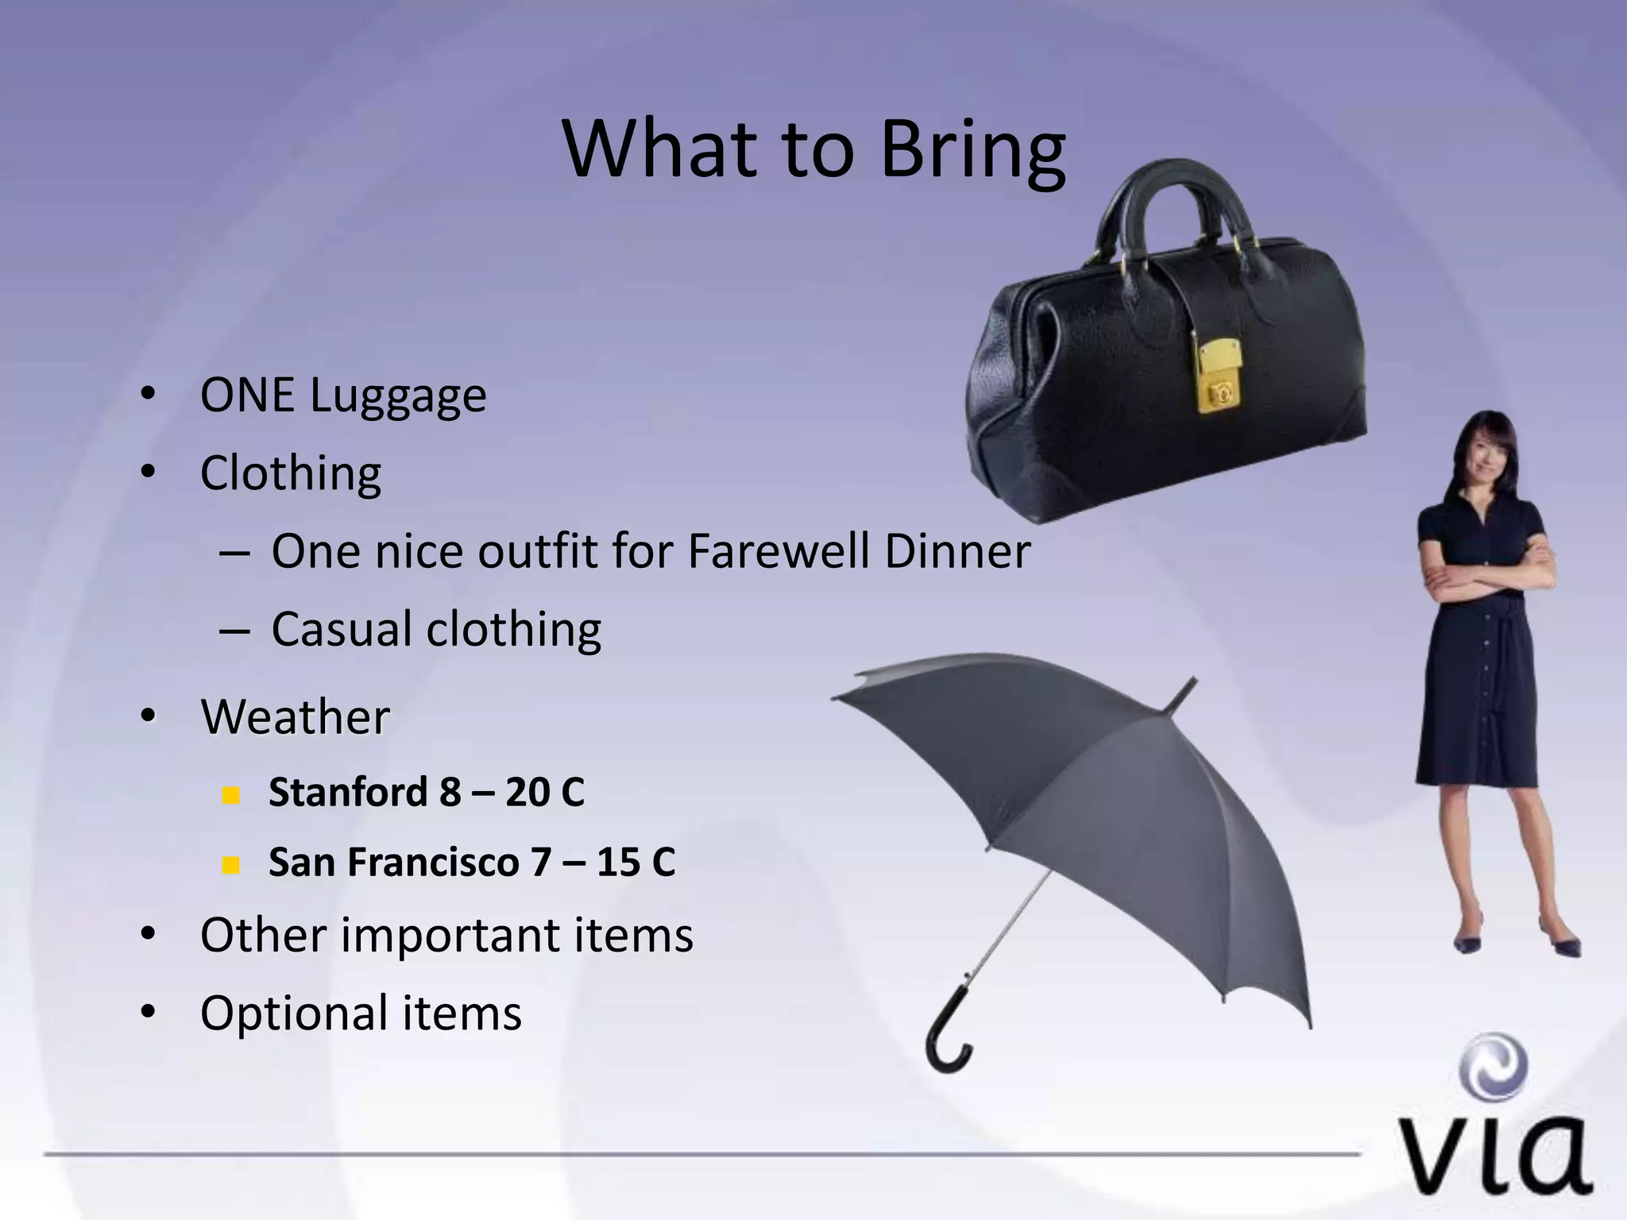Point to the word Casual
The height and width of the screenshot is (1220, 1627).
(341, 629)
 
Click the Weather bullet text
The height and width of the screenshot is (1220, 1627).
(295, 716)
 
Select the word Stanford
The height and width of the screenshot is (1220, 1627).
(347, 792)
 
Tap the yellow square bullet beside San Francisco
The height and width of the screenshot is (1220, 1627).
(231, 864)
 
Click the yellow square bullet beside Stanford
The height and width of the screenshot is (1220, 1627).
(231, 794)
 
